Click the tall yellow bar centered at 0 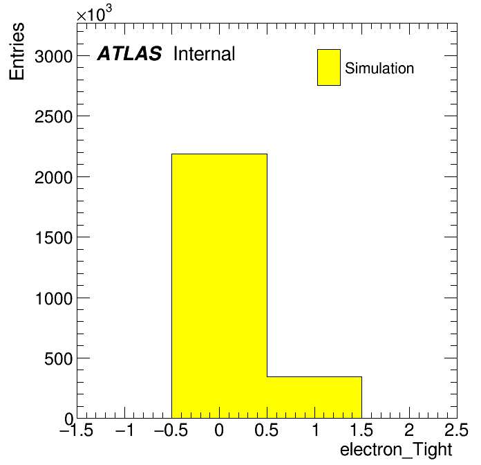coord(219,286)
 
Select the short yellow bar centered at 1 coord(314,397)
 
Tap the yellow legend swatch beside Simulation coord(329,67)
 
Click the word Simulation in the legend coord(379,69)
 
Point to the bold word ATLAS coord(129,53)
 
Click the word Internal coord(205,54)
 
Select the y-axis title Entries coord(17,51)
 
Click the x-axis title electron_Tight coord(396,450)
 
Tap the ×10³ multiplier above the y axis coord(94,13)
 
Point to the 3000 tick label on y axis coord(53,57)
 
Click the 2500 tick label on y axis coord(53,117)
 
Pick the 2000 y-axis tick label coord(53,178)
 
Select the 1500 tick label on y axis coord(54,238)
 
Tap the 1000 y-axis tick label coord(54,298)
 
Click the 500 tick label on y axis coord(58,358)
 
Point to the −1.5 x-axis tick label coord(76,430)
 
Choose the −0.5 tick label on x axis coord(171,430)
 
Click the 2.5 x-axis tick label coord(457,430)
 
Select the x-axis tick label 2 coord(409,430)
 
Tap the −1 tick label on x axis coord(124,430)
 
